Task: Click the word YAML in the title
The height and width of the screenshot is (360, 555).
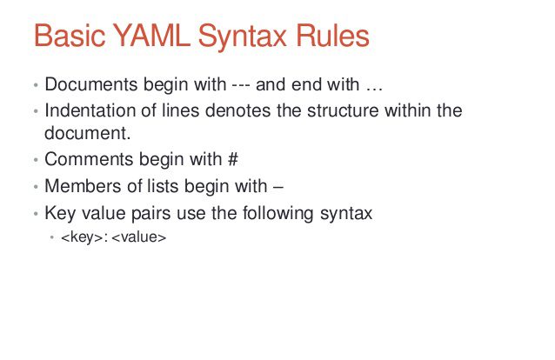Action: (x=152, y=36)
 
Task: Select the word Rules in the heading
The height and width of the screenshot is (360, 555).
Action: (x=332, y=36)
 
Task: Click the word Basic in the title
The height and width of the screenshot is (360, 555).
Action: (x=70, y=36)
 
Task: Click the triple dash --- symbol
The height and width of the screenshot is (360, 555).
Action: (x=241, y=86)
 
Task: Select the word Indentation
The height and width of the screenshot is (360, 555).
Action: (x=90, y=110)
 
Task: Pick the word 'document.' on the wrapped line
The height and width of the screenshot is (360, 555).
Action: (x=88, y=133)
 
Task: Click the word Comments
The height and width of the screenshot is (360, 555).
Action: (x=89, y=159)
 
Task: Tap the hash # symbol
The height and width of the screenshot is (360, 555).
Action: (x=233, y=159)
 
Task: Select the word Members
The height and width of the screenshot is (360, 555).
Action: (x=83, y=186)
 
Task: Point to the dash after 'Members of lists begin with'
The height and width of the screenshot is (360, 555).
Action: (x=278, y=188)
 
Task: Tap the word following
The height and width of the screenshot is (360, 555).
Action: (x=277, y=214)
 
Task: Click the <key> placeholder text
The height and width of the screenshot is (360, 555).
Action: (x=82, y=237)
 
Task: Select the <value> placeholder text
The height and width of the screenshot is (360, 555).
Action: (x=139, y=237)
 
